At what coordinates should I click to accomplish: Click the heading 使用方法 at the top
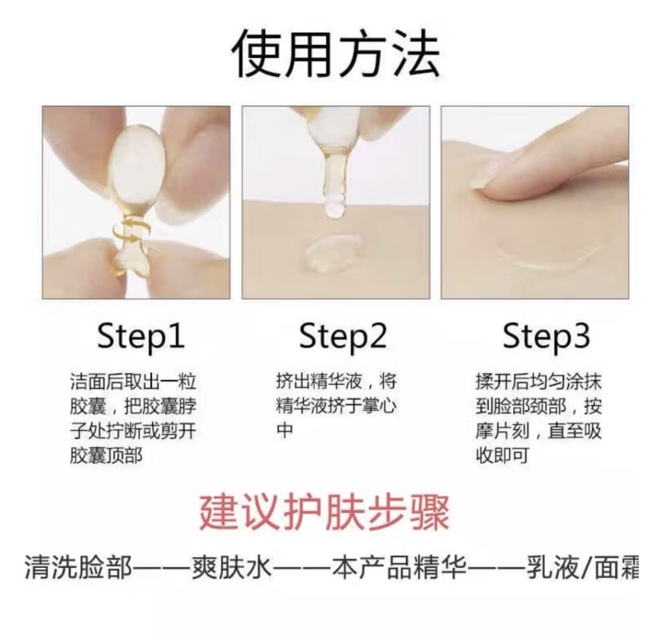pyautogui.click(x=336, y=54)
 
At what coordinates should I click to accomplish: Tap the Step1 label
pyautogui.click(x=140, y=337)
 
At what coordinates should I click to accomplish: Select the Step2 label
pyautogui.click(x=343, y=337)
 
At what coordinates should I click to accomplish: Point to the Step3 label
pyautogui.click(x=546, y=337)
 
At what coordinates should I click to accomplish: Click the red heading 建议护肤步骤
pyautogui.click(x=325, y=513)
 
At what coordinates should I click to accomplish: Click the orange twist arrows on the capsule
pyautogui.click(x=127, y=231)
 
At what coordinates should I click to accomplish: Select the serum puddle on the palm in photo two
pyautogui.click(x=334, y=252)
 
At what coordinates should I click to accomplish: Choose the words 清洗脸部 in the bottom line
pyautogui.click(x=78, y=567)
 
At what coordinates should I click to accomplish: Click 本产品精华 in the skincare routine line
pyautogui.click(x=400, y=567)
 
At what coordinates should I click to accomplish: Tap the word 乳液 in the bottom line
pyautogui.click(x=553, y=567)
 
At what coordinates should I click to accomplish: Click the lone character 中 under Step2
pyautogui.click(x=285, y=431)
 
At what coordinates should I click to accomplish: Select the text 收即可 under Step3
pyautogui.click(x=502, y=456)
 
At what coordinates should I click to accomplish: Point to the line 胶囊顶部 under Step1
pyautogui.click(x=106, y=456)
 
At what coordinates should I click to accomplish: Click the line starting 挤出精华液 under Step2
pyautogui.click(x=336, y=382)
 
